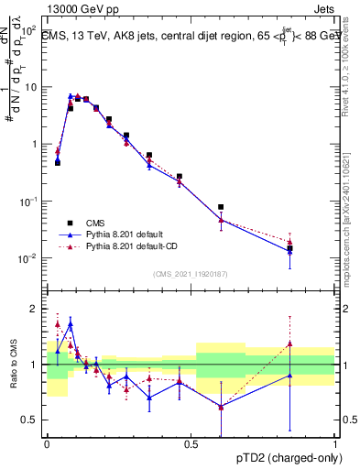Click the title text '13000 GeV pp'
[x=80, y=6]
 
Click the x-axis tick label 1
[x=334, y=444]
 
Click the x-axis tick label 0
[x=47, y=444]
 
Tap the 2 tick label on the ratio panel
[x=36, y=309]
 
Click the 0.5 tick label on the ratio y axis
[x=31, y=420]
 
